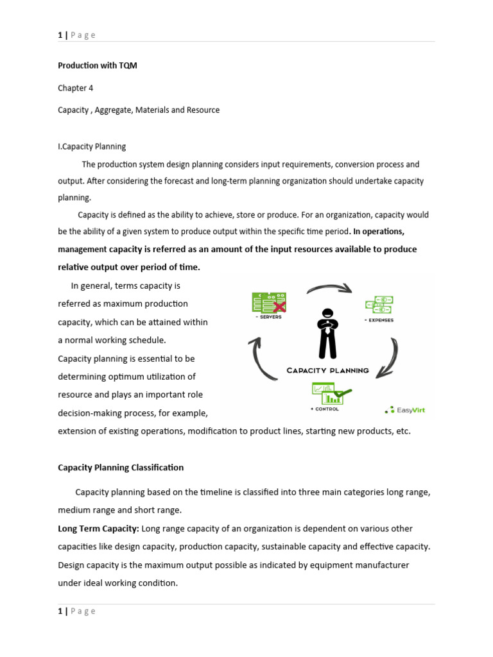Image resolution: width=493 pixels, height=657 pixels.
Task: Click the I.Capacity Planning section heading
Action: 92,147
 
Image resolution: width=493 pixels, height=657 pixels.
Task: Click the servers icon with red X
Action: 268,302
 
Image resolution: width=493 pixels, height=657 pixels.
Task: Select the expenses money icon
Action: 379,305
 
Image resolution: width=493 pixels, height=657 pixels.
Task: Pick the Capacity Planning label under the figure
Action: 327,370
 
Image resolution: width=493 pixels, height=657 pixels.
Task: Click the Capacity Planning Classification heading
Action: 121,467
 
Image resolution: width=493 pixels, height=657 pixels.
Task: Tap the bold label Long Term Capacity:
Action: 98,529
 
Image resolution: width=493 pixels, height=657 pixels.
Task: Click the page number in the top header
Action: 60,35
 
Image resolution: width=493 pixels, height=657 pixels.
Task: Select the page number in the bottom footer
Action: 60,611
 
